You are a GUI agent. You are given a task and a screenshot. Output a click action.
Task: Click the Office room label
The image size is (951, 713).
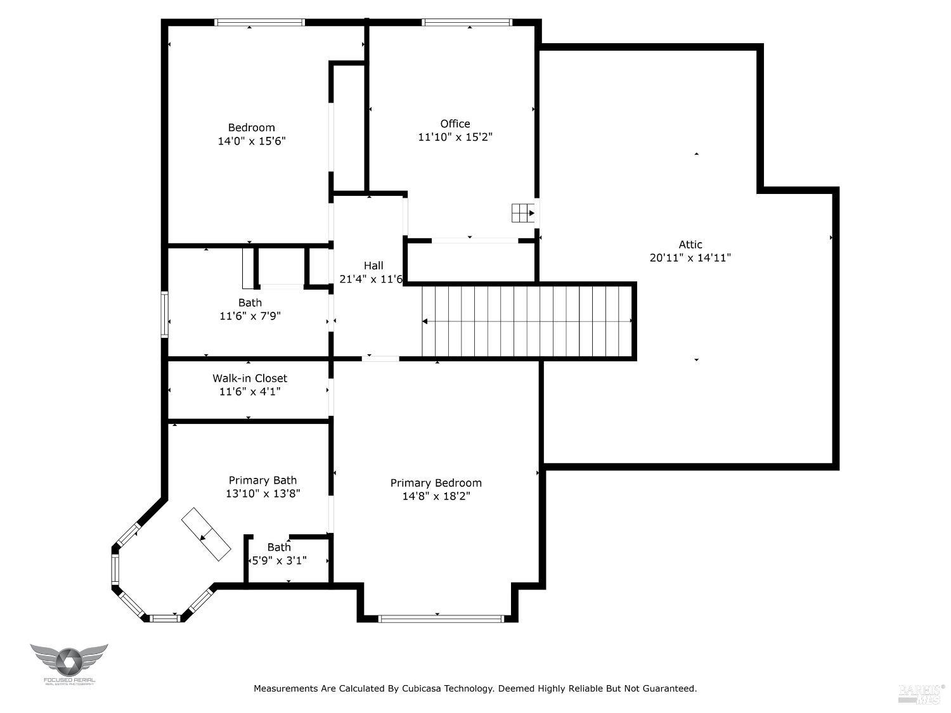[x=455, y=124]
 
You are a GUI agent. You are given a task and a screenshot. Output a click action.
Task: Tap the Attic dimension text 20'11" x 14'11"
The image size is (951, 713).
[x=690, y=258]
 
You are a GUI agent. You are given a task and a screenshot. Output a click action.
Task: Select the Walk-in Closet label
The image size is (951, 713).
[x=250, y=378]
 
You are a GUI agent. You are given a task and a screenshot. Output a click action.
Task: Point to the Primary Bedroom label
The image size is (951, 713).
[x=436, y=483]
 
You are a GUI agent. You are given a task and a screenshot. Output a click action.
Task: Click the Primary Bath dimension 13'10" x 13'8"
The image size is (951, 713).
[x=262, y=494]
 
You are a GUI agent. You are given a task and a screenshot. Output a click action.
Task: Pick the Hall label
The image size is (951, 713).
[x=373, y=266]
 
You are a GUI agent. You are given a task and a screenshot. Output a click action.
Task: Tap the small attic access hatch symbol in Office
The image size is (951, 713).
[x=523, y=213]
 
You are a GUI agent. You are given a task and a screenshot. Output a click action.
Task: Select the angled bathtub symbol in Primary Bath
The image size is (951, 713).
[x=206, y=534]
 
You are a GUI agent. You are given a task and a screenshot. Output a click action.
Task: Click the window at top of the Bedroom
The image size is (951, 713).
[x=259, y=23]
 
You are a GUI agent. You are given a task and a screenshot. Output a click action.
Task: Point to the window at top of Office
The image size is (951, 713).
[x=467, y=23]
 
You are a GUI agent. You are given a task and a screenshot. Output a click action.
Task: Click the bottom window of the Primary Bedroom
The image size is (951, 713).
[x=441, y=618]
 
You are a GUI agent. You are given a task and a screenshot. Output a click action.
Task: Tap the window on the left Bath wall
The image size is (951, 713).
[x=164, y=314]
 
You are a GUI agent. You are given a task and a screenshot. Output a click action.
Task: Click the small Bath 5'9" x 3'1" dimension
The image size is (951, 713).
[x=280, y=560]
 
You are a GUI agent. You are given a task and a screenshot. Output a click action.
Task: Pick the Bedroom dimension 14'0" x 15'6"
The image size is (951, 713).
[x=252, y=141]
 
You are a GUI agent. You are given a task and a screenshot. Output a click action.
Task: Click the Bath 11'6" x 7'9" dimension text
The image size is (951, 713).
[x=250, y=316]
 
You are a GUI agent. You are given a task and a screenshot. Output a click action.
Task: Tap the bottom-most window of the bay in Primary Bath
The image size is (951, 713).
[x=165, y=618]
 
